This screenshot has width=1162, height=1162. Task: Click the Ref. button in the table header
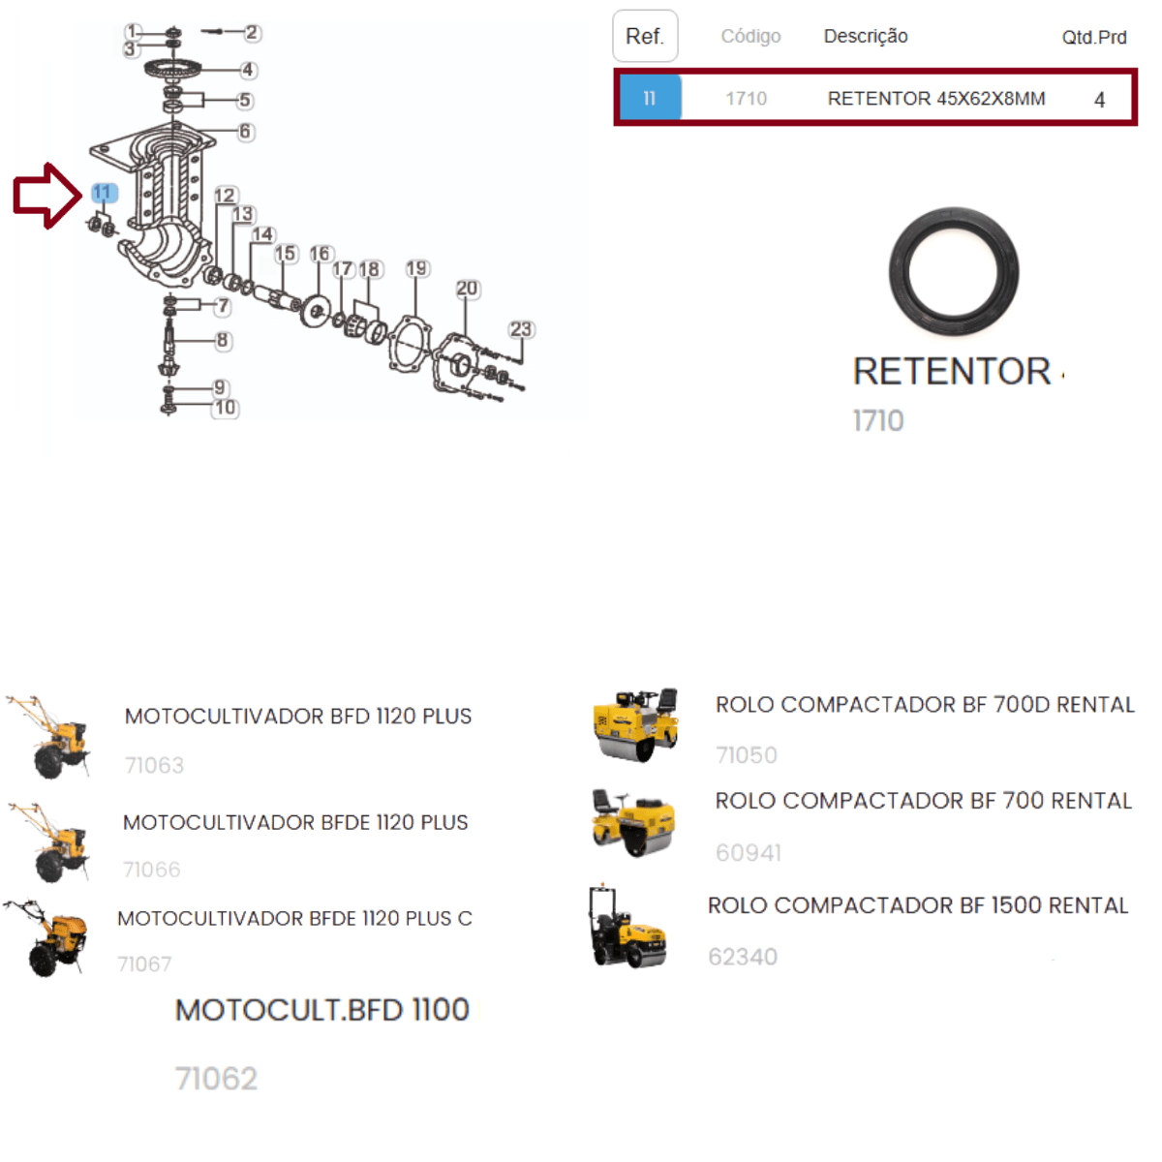click(645, 36)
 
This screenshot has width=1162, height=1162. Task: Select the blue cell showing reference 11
click(651, 98)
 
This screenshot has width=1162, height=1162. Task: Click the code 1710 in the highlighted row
click(746, 99)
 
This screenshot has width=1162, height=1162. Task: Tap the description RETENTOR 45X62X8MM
click(935, 99)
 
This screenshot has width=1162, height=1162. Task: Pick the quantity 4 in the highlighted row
click(1099, 100)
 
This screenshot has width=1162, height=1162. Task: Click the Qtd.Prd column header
click(1094, 38)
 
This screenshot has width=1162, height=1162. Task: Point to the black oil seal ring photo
click(954, 271)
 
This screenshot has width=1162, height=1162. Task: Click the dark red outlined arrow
click(47, 196)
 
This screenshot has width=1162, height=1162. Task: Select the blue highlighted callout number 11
click(104, 193)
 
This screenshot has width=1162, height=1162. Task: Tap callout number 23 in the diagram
click(521, 329)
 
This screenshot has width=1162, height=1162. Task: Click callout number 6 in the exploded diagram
click(245, 131)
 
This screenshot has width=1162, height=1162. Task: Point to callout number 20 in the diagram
click(468, 289)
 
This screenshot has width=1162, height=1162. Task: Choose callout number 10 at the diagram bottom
click(226, 408)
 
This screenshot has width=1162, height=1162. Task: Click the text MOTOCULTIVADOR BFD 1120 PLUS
click(298, 716)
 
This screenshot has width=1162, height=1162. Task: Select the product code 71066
click(151, 870)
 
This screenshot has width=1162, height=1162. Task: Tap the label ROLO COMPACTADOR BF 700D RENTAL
click(925, 704)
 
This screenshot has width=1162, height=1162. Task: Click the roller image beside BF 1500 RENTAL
click(627, 928)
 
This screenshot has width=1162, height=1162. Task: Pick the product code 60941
click(749, 853)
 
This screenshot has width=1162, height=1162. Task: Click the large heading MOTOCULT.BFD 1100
click(322, 1009)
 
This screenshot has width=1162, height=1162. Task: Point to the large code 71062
click(216, 1078)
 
